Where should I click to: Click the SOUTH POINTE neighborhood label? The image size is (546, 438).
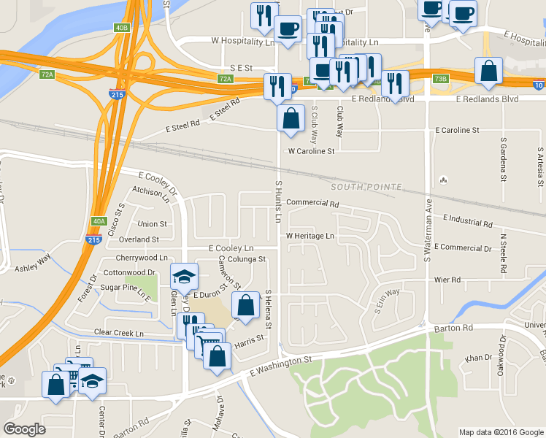coord(365,188)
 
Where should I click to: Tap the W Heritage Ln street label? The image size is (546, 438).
coord(309,237)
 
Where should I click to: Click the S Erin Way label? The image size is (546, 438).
coord(387,301)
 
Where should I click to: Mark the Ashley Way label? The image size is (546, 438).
coord(33,258)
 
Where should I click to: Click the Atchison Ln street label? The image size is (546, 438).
coord(151,193)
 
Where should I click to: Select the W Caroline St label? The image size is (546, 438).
coord(311,152)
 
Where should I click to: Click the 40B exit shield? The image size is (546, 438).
coord(121,28)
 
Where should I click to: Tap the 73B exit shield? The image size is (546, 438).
coord(440,78)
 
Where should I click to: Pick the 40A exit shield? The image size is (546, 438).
coord(100,221)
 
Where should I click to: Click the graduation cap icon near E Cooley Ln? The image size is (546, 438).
coord(184,277)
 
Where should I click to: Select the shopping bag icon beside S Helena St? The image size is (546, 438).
coord(246,305)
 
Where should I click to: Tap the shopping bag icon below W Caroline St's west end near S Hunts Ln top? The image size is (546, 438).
coord(291,118)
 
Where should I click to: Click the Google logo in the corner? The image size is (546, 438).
coord(24,429)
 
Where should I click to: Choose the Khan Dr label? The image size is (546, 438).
coord(479,358)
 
